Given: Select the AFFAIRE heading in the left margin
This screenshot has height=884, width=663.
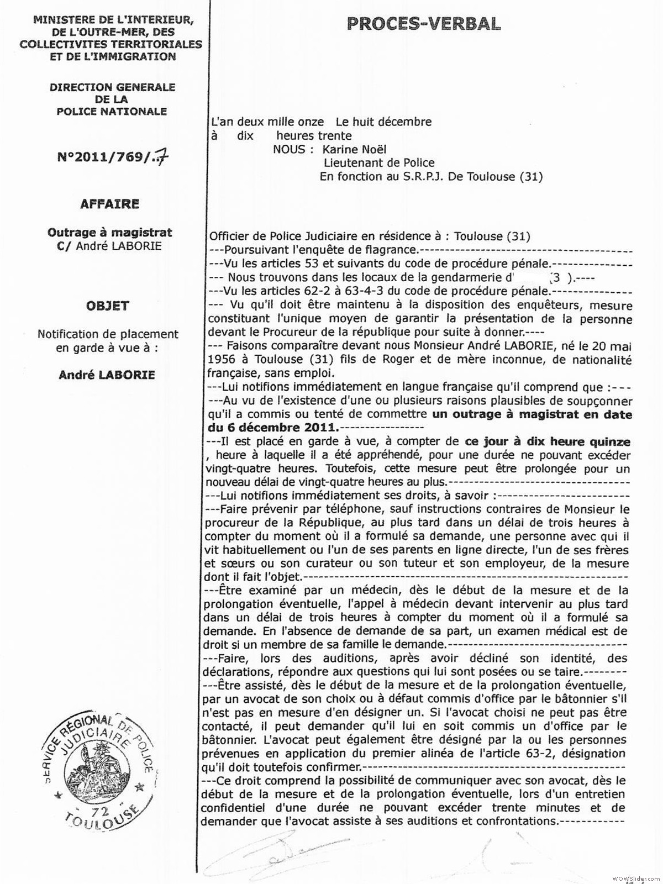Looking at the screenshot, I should [x=109, y=204].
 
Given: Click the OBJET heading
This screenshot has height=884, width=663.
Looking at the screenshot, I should [x=108, y=306].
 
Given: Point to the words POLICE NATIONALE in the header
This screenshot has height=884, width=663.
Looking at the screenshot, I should [x=112, y=111].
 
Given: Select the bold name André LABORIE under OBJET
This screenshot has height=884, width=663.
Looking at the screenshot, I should [x=107, y=375].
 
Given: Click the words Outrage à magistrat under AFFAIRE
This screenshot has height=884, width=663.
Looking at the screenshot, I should [x=110, y=233].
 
